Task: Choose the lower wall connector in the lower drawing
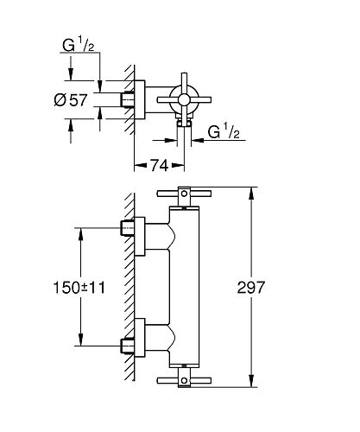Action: pos(129,346)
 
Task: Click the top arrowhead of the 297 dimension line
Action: pos(251,190)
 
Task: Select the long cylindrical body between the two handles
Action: pos(192,286)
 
